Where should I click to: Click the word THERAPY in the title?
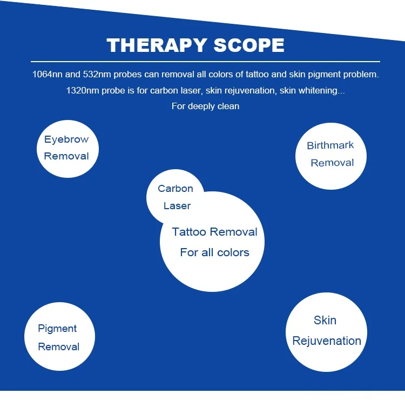pos(157,45)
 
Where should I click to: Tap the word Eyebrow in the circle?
pos(66,139)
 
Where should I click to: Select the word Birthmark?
pos(330,145)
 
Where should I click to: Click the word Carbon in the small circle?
pos(175,189)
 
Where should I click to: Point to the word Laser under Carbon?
pos(177,206)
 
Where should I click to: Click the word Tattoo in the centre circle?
pos(189,232)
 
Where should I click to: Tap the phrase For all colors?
pos(214,252)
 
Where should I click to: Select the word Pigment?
pos(57,329)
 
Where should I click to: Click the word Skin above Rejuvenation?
pos(325,320)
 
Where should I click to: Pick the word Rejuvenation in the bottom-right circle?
pos(327,341)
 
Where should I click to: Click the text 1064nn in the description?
pos(47,75)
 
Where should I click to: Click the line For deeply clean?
pos(205,106)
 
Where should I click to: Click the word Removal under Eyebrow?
pos(66,156)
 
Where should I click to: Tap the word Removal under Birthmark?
pos(332,163)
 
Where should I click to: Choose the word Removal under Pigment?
pos(59,346)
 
